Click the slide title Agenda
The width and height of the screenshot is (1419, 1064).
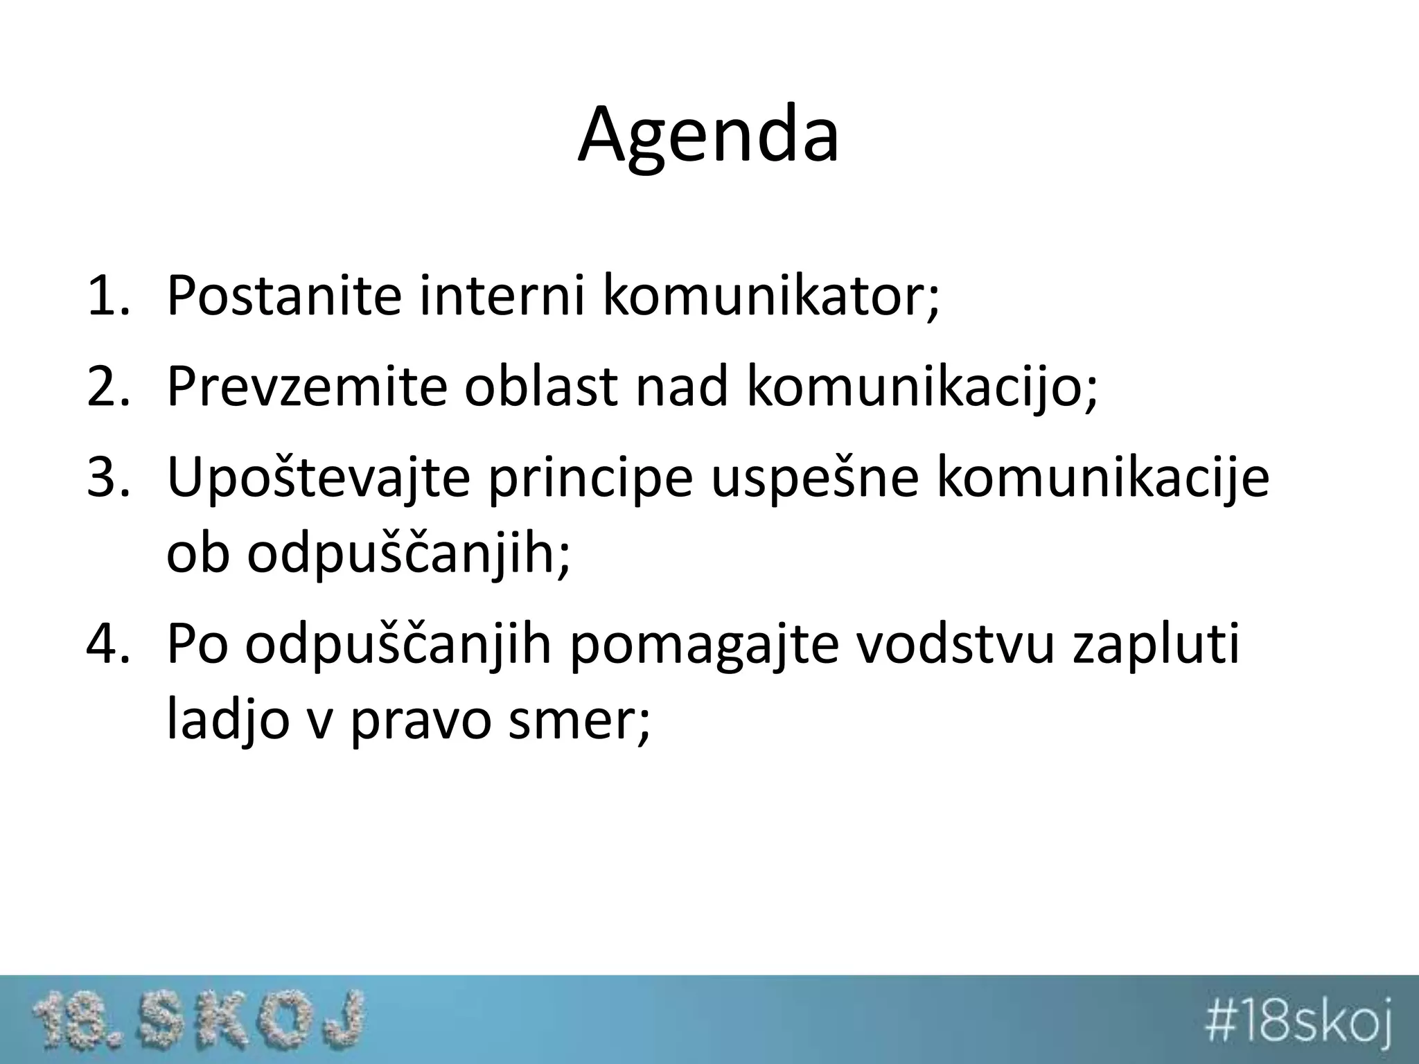pyautogui.click(x=708, y=135)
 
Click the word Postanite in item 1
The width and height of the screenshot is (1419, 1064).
pyautogui.click(x=284, y=296)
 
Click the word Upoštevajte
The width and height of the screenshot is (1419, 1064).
pyautogui.click(x=318, y=479)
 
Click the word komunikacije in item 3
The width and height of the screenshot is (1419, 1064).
pyautogui.click(x=1102, y=479)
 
